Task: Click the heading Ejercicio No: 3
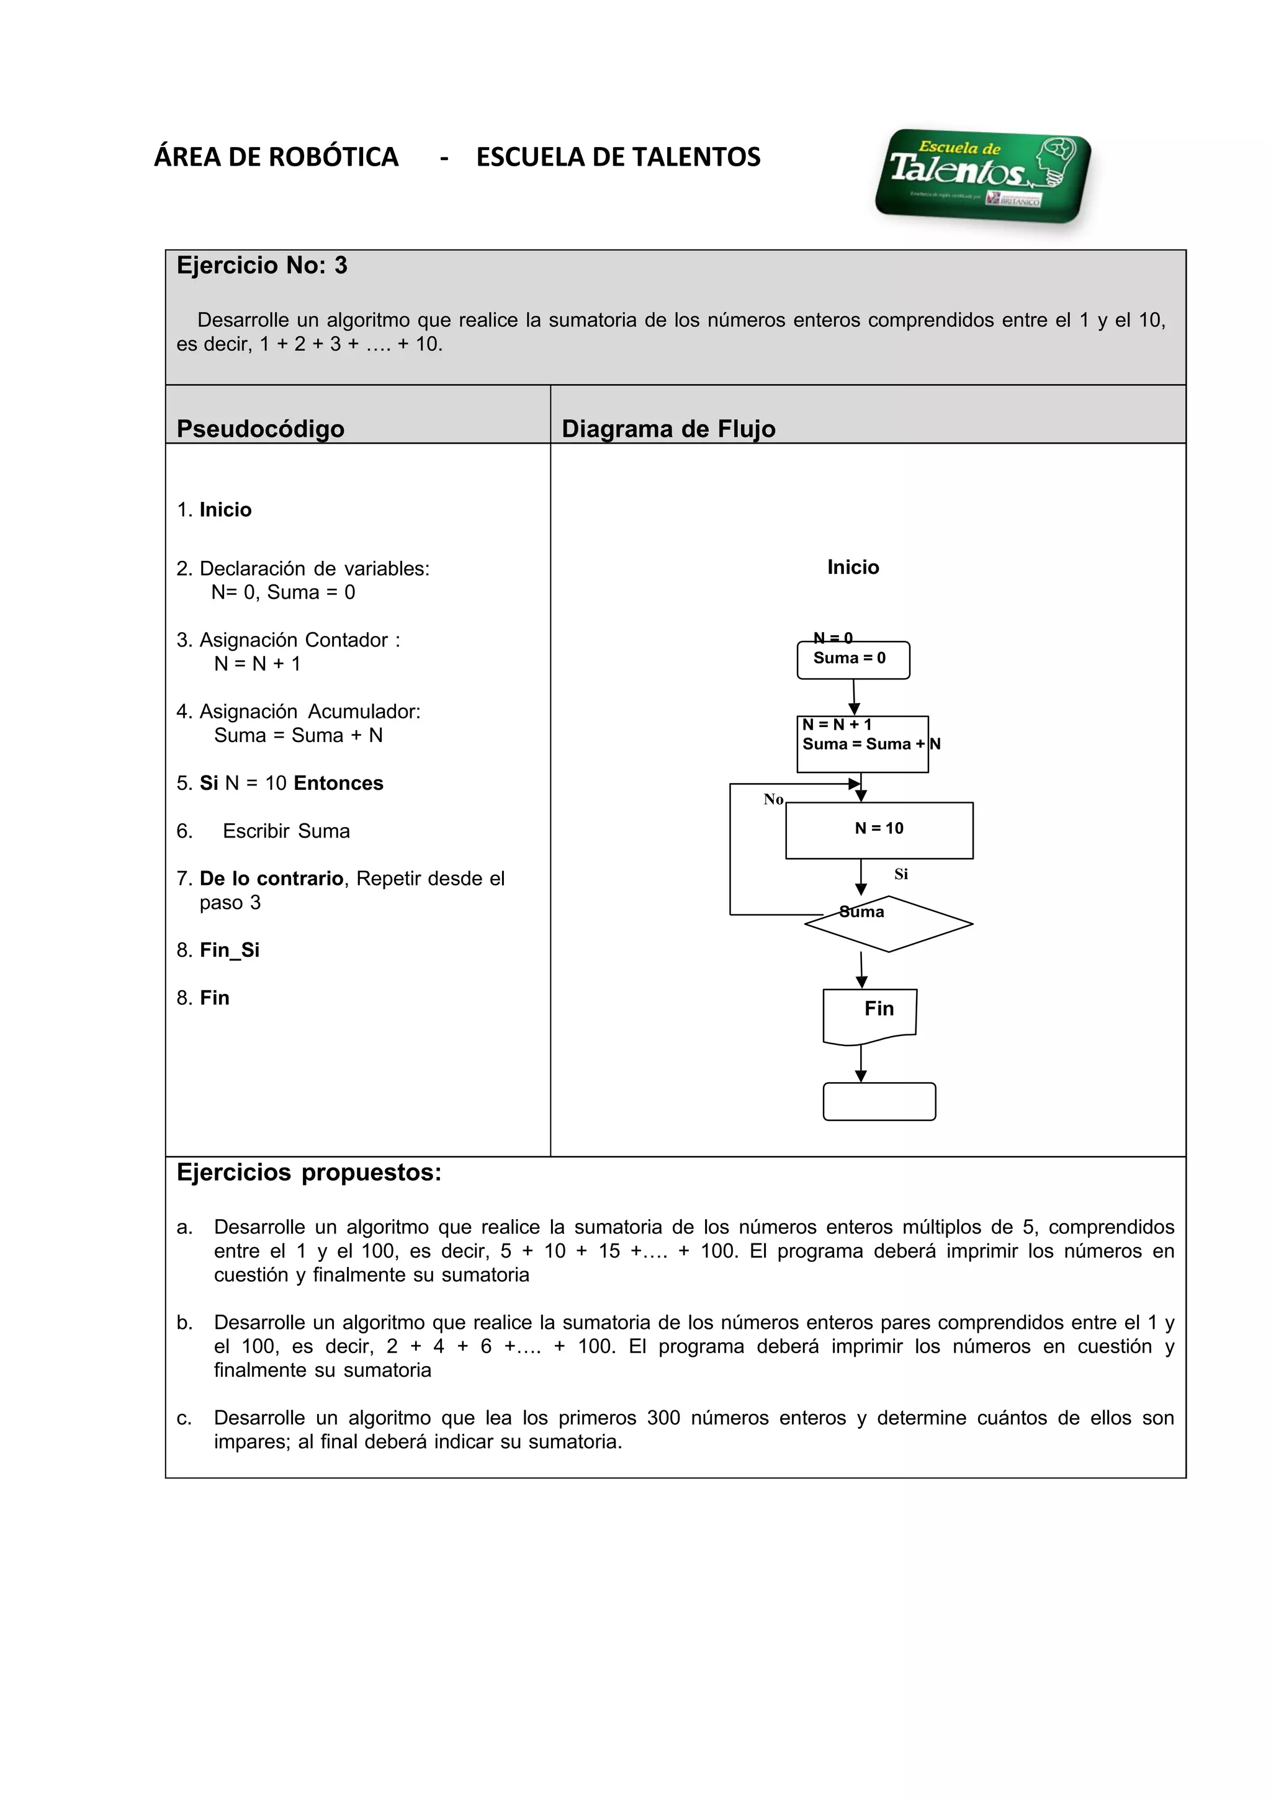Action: click(261, 266)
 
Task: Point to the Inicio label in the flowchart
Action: click(853, 567)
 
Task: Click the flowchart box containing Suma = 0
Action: click(853, 660)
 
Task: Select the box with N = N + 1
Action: click(861, 744)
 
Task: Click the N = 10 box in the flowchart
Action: click(879, 830)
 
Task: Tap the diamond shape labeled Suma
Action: click(888, 924)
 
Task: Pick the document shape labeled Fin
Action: click(869, 1014)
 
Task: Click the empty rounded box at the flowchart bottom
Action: click(879, 1101)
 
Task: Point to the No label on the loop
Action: click(773, 798)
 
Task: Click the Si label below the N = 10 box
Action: click(900, 874)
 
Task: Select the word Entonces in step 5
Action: click(338, 783)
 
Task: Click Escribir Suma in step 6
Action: click(286, 831)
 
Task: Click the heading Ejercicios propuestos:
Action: click(308, 1173)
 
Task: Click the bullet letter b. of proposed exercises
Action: click(184, 1322)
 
